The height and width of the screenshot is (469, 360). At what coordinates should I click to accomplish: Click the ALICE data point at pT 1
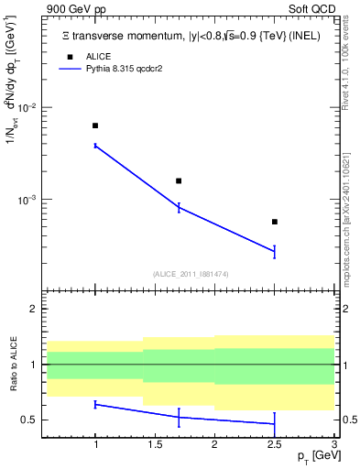(95, 125)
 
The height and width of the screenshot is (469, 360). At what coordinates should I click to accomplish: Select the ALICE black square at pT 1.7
(179, 181)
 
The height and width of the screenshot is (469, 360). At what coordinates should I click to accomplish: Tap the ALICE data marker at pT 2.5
(275, 222)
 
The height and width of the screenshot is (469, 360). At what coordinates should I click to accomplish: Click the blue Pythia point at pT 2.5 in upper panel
(275, 251)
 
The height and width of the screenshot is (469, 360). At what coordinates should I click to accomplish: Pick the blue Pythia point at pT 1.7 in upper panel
(179, 208)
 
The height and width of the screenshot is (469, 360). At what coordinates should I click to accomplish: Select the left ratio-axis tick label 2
(33, 310)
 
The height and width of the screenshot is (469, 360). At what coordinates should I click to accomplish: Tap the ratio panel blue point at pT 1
(95, 404)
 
